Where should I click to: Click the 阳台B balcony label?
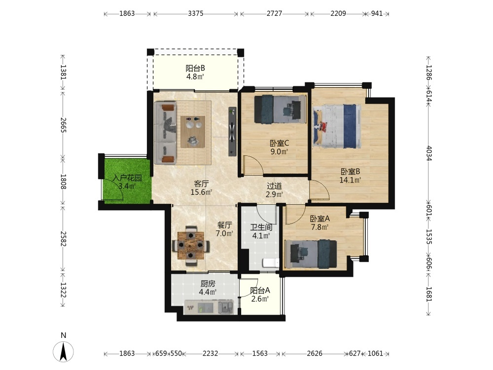pos(195,68)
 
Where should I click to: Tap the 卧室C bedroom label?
pos(279,144)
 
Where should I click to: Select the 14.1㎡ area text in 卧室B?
pos(350,180)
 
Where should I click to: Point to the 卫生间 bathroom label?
pos(261,227)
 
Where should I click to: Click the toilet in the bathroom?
pos(270,262)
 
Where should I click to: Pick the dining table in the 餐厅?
pos(191,245)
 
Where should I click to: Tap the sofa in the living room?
pos(166,133)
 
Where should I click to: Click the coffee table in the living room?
pos(193,132)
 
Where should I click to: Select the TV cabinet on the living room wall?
pos(232,132)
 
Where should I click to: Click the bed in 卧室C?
pos(280,109)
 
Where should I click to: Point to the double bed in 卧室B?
pos(337,126)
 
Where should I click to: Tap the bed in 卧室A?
pos(310,254)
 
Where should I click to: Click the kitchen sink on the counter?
pos(226,307)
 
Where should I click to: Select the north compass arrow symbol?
pos(63,351)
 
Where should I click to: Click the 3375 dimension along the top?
pos(196,13)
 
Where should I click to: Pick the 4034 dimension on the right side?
pos(429,153)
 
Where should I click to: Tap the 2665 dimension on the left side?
pos(63,125)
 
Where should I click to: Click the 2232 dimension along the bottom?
pos(210,353)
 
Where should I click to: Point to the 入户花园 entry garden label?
pos(127,178)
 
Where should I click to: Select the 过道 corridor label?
pos(274,186)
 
